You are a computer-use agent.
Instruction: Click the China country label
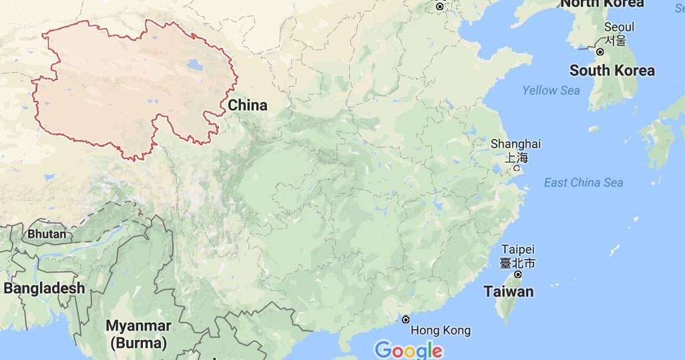click(x=247, y=106)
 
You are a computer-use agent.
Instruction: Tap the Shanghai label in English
click(x=515, y=144)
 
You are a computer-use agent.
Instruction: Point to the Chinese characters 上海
click(x=515, y=158)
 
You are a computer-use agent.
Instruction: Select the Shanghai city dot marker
click(x=515, y=168)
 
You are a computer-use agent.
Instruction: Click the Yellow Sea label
click(x=551, y=90)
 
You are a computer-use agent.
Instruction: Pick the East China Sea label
click(x=584, y=183)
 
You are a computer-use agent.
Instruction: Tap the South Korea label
click(x=612, y=71)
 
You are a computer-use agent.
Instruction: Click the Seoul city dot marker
click(x=600, y=51)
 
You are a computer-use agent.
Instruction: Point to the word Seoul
click(x=619, y=27)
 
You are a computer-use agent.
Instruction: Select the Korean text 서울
click(x=616, y=40)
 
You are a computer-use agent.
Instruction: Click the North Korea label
click(x=602, y=3)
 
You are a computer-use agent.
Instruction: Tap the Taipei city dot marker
click(x=517, y=275)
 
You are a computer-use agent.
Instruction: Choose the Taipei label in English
click(x=517, y=249)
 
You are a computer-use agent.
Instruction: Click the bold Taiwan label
click(x=509, y=292)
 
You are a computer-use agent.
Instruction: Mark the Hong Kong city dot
click(x=405, y=319)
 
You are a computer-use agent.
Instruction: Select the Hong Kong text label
click(x=440, y=331)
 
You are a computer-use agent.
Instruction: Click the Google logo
click(x=408, y=350)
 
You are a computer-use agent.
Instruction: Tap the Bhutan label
click(x=47, y=234)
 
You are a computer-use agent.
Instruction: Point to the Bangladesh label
click(x=44, y=289)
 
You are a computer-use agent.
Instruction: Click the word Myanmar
click(x=138, y=327)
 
